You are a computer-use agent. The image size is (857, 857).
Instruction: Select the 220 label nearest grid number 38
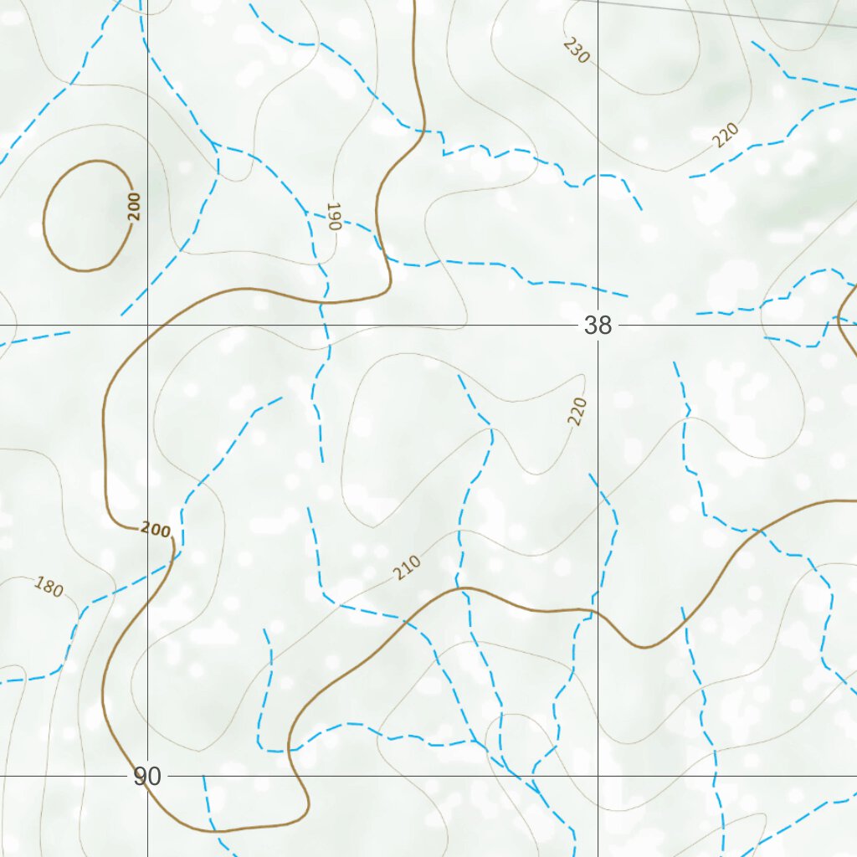577,411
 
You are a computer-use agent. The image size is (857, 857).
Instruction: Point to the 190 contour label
333,216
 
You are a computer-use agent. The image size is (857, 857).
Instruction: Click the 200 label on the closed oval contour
135,206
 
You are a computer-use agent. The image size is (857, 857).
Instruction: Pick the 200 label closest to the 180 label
156,530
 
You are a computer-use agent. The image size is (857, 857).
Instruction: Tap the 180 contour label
49,588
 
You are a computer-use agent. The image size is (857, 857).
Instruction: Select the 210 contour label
407,568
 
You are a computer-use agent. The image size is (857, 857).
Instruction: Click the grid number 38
598,325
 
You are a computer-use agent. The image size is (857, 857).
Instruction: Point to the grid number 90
147,777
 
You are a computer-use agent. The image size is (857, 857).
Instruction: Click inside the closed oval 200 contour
84,216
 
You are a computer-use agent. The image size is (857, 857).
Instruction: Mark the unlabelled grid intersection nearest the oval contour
147,325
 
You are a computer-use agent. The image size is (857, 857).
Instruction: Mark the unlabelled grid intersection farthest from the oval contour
598,776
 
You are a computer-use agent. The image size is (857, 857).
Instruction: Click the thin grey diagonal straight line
711,13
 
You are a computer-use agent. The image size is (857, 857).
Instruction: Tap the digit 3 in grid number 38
591,325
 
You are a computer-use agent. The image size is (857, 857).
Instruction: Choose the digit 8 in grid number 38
604,325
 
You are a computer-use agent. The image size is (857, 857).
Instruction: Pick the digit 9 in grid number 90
141,777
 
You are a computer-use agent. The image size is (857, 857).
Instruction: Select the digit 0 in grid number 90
154,777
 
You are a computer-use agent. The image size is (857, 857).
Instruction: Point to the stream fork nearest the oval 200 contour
214,144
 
